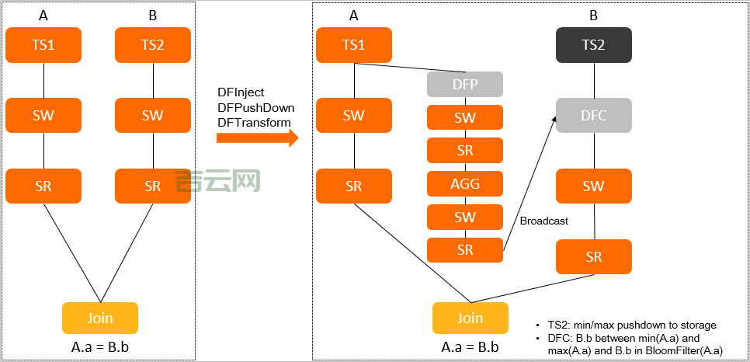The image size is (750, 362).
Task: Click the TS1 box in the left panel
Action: pos(43,45)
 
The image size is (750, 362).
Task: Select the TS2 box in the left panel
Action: pos(153,45)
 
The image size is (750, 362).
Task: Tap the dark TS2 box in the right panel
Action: pos(594,45)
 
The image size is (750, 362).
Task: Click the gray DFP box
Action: pos(465,84)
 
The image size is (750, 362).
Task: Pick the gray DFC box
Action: pos(594,116)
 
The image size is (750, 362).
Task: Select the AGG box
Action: pos(465,184)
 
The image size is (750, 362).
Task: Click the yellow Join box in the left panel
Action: pos(99,318)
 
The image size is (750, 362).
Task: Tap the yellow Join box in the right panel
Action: pos(470,318)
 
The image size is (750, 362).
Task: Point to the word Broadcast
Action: pos(543,221)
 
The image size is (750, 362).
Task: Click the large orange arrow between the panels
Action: pos(257,138)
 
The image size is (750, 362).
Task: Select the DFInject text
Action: pos(241,92)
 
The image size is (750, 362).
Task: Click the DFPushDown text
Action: pos(255,107)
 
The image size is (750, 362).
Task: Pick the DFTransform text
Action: pos(254,122)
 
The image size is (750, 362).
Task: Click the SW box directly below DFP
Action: pos(465,117)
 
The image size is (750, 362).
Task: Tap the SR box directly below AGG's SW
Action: pos(465,250)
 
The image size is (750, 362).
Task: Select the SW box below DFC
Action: pos(594,186)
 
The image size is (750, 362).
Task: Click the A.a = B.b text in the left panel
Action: pos(99,346)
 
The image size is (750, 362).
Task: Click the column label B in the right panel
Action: pos(594,15)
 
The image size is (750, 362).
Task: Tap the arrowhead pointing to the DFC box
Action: pos(555,119)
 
